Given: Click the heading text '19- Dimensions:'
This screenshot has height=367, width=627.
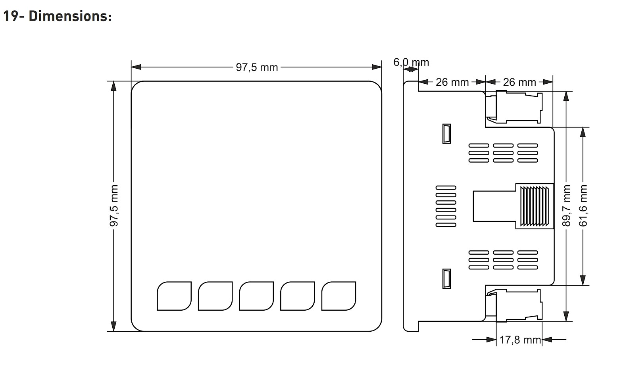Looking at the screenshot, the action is pos(58,16).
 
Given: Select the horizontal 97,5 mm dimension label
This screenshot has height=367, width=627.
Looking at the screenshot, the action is pos(257,67).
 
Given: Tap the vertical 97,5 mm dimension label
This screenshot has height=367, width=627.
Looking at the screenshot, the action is pos(114,206).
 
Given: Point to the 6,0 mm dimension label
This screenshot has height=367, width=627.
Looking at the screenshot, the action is pos(411,62).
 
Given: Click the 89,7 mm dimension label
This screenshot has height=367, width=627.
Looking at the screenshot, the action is pos(566,206).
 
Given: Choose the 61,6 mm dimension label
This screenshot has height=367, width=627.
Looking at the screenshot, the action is pos(583,206).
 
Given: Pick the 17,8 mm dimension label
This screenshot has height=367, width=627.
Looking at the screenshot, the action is pos(520,340).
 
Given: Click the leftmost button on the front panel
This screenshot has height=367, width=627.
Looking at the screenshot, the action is pos(174,296).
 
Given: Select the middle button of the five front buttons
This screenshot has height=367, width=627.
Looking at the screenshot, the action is pos(256,296).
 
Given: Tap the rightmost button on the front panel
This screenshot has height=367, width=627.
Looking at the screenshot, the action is pos(339,296).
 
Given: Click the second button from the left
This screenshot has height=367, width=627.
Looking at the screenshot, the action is pos(215,296).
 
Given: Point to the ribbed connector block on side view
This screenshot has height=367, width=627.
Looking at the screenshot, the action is pos(535,206).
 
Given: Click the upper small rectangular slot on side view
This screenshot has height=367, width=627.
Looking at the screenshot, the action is pos(446,134).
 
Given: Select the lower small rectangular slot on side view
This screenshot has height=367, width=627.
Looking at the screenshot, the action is pos(446,279).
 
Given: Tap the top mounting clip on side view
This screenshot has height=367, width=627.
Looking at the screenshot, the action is pos(514,107).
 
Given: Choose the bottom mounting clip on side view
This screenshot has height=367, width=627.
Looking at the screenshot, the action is pos(514,306).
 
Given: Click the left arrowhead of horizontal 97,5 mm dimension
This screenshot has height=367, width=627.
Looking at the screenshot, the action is pos(136,67).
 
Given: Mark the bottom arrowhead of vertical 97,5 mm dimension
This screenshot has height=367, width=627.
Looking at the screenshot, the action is pos(113,327).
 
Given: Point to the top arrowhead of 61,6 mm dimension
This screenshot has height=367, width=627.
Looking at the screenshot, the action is pos(583,132).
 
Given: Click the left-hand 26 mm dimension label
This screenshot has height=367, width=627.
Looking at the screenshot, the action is pos(452,82).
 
